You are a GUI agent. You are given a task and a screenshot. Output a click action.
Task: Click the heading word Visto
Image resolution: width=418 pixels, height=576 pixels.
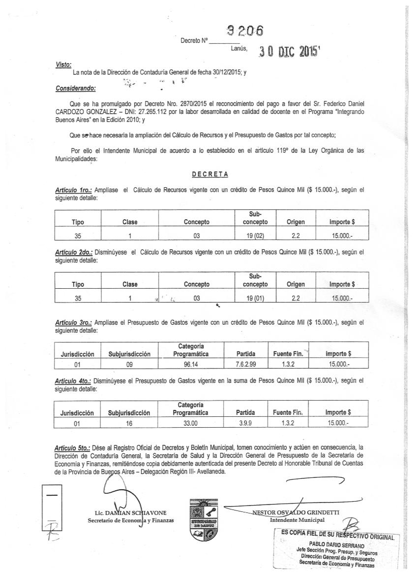63,64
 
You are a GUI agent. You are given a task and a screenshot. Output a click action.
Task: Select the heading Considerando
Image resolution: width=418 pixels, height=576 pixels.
76,89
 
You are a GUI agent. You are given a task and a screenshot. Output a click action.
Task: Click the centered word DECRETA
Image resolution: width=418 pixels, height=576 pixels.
209,174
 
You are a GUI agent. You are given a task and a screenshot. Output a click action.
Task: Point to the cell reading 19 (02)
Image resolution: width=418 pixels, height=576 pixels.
255,236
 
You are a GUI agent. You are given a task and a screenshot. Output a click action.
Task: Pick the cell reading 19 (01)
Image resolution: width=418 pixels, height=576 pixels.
255,298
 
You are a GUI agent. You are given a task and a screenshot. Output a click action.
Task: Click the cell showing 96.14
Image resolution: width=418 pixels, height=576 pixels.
190,365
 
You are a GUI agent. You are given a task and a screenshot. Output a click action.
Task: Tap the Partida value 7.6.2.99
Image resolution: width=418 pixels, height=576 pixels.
245,365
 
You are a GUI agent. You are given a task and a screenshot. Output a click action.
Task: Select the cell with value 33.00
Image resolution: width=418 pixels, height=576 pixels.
190,423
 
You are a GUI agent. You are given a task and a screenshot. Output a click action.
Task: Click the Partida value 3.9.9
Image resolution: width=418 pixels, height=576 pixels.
245,423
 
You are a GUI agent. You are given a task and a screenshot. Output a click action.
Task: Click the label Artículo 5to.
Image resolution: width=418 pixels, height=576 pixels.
72,448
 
